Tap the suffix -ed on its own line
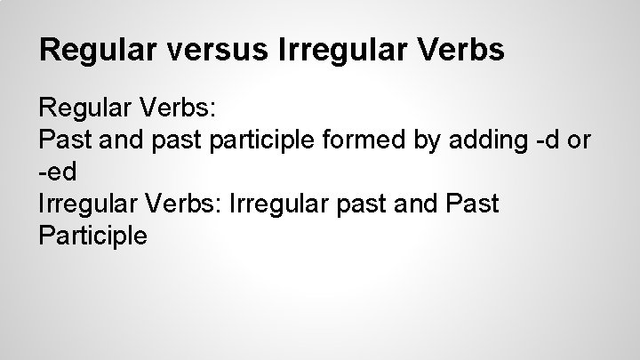[60, 173]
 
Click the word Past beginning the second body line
[62, 141]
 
